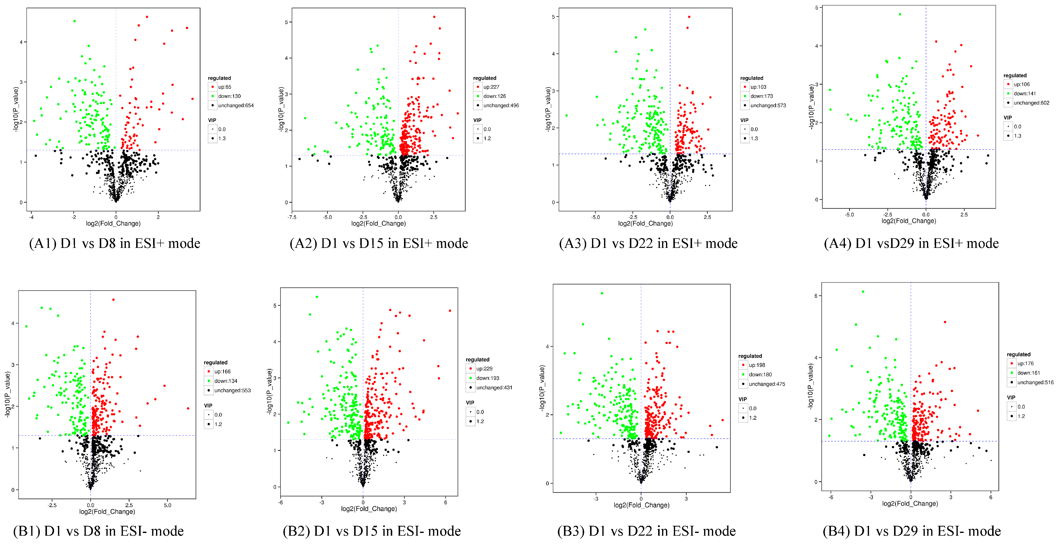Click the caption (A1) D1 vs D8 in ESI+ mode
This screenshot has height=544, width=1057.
(x=115, y=243)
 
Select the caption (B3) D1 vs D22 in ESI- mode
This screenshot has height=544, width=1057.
(x=646, y=531)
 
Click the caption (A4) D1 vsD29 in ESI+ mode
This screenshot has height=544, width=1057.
(x=911, y=243)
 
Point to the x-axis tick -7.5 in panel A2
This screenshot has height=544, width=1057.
(x=292, y=217)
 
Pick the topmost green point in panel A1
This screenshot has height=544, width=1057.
(x=74, y=21)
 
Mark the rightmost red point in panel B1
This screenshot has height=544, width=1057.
(x=188, y=408)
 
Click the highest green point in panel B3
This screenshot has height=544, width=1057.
(x=602, y=293)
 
